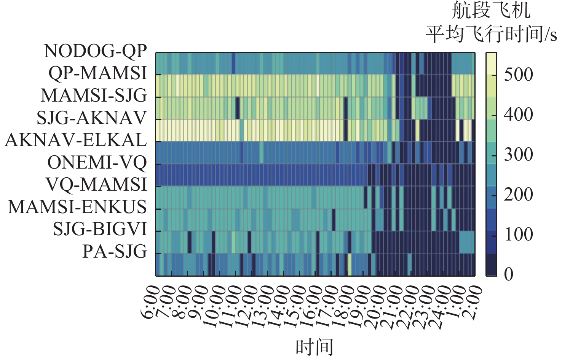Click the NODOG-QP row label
pyautogui.click(x=95, y=51)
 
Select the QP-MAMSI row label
pyautogui.click(x=97, y=73)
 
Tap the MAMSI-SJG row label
pyautogui.click(x=94, y=95)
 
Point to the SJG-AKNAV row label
pyautogui.click(x=91, y=118)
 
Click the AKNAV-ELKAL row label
pyautogui.click(x=76, y=140)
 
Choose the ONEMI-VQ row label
pyautogui.click(x=97, y=162)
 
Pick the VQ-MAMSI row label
pyautogui.click(x=96, y=185)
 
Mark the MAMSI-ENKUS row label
pyautogui.click(x=77, y=207)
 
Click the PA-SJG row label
pyautogui.click(x=115, y=252)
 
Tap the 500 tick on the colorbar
pyautogui.click(x=518, y=75)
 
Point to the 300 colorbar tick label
pyautogui.click(x=518, y=155)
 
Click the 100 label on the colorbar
pyautogui.click(x=518, y=234)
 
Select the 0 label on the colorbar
pyautogui.click(x=508, y=274)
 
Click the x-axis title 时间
pyautogui.click(x=315, y=347)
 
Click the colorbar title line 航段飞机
pyautogui.click(x=491, y=10)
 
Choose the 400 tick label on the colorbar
pyautogui.click(x=518, y=115)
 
